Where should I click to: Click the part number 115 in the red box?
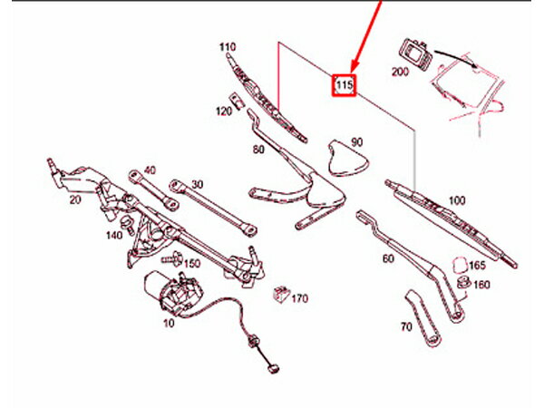345,85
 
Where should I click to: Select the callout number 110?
228,47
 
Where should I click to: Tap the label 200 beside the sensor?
400,72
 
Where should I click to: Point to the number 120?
224,112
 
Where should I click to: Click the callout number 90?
357,142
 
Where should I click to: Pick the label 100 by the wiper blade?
457,200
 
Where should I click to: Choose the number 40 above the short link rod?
150,170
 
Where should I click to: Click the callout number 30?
197,184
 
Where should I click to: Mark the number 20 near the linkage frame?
75,199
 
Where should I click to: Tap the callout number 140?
114,235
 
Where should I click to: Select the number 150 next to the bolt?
192,264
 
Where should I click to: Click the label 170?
299,298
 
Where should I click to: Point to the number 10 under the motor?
169,324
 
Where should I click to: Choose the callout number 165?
477,266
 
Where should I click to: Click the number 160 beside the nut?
481,285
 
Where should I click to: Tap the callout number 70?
406,326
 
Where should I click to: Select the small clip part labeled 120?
237,101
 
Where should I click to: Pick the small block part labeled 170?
281,295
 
